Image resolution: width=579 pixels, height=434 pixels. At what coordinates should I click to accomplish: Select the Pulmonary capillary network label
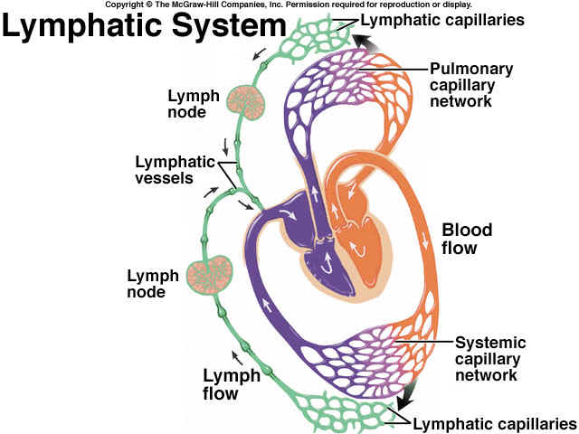pyautogui.click(x=471, y=84)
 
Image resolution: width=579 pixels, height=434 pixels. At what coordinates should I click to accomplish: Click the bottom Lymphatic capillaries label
pyautogui.click(x=493, y=422)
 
